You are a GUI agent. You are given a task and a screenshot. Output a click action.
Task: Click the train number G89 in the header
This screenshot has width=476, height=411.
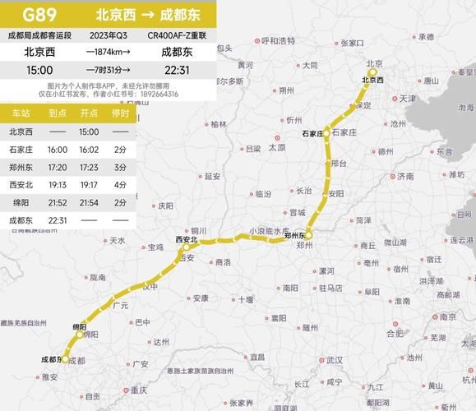pos(39,14)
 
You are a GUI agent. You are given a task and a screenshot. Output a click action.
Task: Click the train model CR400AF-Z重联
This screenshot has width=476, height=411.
pos(177,35)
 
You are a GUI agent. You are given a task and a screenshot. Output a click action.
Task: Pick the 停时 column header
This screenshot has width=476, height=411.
pos(120,114)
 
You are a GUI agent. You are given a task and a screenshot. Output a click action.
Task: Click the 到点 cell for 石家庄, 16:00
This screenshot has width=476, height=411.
pos(58,150)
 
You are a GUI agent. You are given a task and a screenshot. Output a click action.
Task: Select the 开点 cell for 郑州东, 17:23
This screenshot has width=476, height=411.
pos(89,167)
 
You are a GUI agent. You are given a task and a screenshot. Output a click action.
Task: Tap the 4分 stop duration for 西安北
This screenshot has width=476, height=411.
pos(120,185)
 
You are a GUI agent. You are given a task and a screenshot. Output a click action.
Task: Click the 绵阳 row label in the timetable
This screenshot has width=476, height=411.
pos(21,202)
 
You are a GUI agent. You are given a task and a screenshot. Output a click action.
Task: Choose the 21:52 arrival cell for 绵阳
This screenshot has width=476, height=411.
pos(58,202)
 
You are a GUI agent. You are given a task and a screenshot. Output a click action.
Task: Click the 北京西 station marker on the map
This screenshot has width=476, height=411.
pos(372,72)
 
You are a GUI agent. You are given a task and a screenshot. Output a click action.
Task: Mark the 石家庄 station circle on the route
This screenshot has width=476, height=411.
pos(326,132)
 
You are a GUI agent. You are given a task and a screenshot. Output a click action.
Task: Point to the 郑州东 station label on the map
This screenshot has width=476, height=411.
pos(295,236)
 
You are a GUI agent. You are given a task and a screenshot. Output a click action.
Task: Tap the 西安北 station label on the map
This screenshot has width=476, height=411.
pos(187,239)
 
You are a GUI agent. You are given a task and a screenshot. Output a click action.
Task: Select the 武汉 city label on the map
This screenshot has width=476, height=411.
pos(333,360)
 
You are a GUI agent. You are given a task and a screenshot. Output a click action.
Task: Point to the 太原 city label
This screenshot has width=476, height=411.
pos(276,148)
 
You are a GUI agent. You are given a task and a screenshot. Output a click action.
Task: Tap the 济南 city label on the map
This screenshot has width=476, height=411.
pos(405,176)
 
